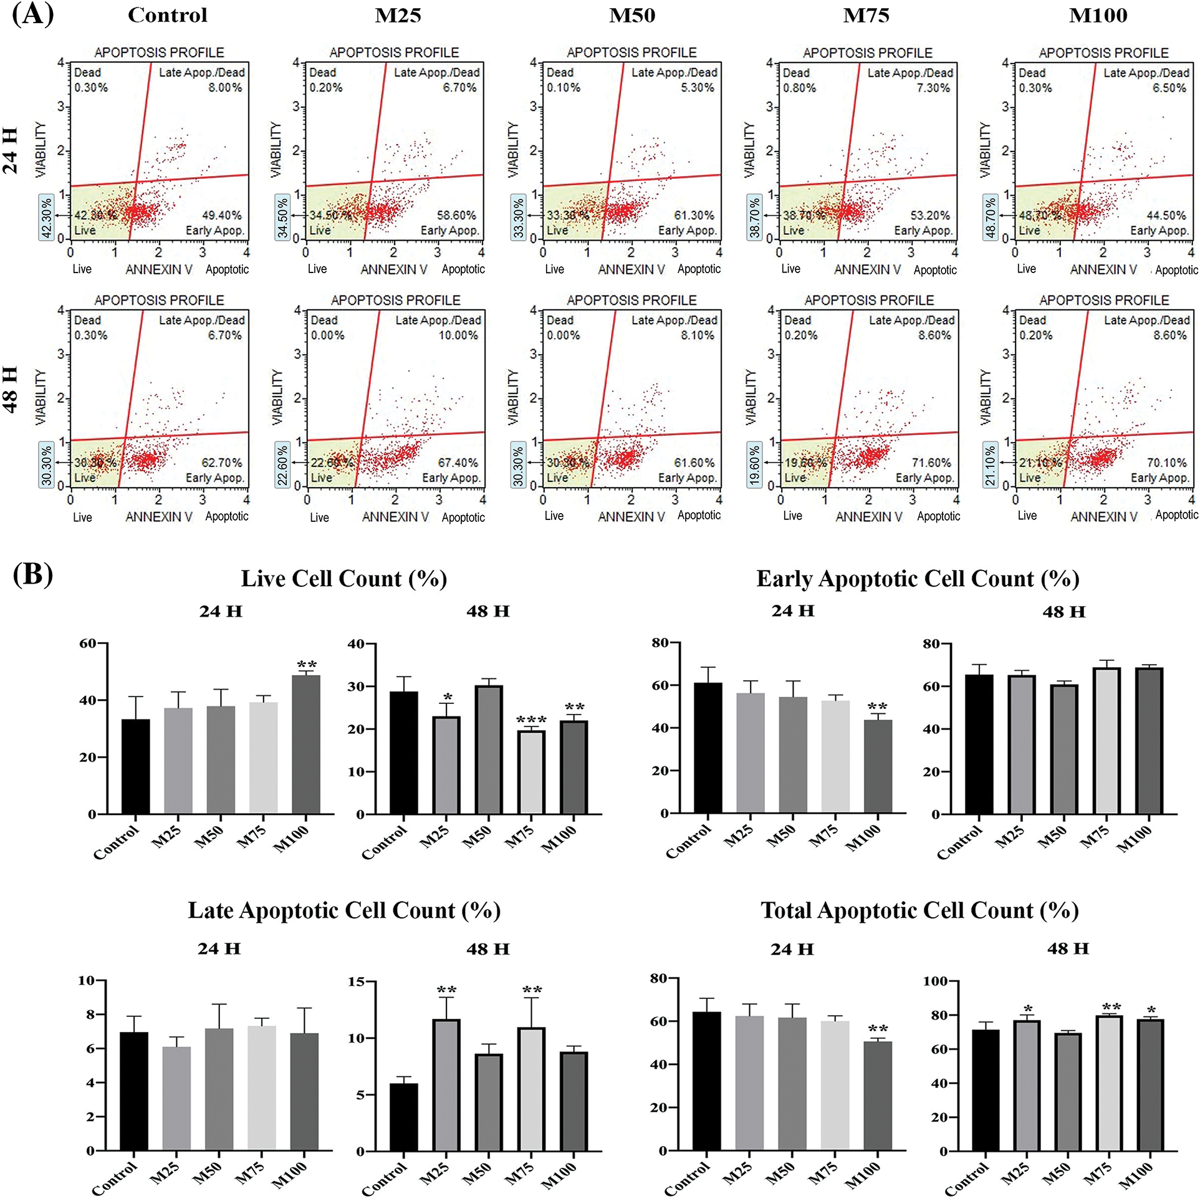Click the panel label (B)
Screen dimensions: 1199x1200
pyautogui.click(x=32, y=574)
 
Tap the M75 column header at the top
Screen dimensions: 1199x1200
pyautogui.click(x=866, y=15)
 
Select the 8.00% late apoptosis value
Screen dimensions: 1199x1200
pyautogui.click(x=225, y=88)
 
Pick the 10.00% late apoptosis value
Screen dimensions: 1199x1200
pyautogui.click(x=458, y=335)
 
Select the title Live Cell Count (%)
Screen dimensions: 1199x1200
pyautogui.click(x=344, y=579)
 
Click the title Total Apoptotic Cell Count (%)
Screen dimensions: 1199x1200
pyautogui.click(x=919, y=910)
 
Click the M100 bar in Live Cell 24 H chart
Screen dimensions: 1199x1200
pyautogui.click(x=306, y=744)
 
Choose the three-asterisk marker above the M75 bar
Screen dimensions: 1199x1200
pyautogui.click(x=531, y=721)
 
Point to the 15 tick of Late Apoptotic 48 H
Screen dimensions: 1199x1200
pyautogui.click(x=357, y=981)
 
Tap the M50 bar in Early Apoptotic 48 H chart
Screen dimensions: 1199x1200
pyautogui.click(x=1064, y=749)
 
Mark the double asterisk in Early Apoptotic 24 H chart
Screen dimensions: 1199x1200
pyautogui.click(x=878, y=707)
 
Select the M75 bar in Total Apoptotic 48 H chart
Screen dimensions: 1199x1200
pyautogui.click(x=1109, y=1083)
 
